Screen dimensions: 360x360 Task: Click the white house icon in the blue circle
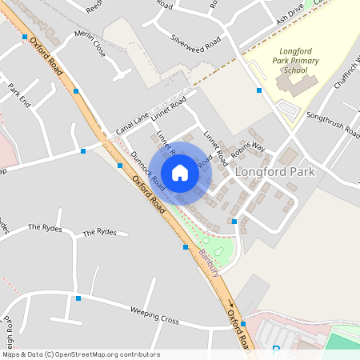[180, 173]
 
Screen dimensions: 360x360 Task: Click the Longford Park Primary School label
[290, 61]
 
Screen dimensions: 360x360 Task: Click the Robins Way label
[248, 147]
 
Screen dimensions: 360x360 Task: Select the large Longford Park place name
[274, 172]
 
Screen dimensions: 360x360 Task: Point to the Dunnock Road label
[149, 171]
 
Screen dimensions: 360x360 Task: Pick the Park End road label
[18, 96]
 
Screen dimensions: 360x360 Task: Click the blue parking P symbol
[276, 349]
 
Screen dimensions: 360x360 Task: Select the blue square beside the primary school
[259, 90]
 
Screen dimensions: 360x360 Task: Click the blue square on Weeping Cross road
[78, 298]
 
